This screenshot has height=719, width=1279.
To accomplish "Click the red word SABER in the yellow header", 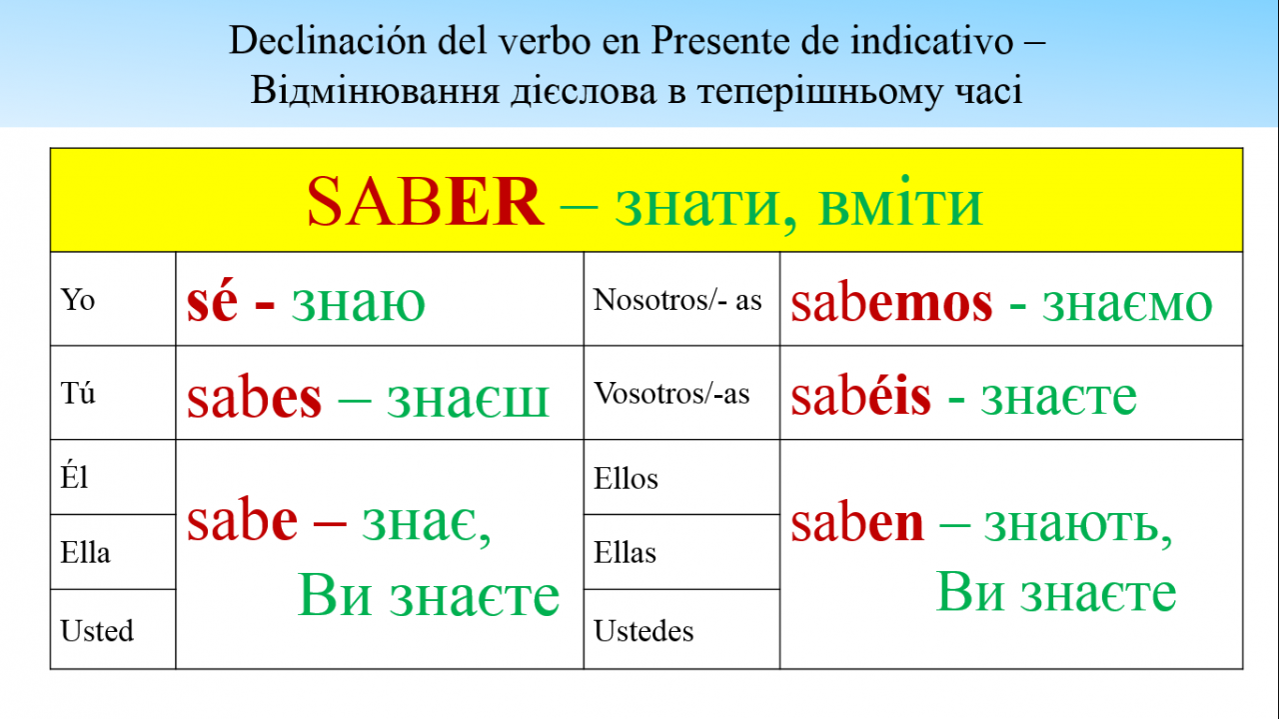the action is point(425,202).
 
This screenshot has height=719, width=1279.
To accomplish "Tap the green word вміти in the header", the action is point(900,202).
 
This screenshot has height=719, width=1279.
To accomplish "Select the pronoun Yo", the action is point(78,299).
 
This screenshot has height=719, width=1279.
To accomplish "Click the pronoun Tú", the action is point(78,393).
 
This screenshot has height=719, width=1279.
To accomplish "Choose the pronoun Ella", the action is point(85,552).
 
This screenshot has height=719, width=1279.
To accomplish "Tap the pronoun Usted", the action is point(97,630).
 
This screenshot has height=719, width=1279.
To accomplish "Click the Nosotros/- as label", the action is point(677,299).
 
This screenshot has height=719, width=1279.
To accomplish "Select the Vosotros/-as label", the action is point(671,393).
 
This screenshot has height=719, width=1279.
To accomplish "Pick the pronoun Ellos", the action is point(626,478).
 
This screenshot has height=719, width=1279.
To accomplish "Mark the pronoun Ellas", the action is point(625,552).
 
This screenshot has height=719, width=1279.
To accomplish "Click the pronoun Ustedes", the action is point(643,630).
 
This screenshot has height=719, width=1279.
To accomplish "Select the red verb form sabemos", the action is point(892,303).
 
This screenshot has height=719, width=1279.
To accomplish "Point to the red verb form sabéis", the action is point(861,396).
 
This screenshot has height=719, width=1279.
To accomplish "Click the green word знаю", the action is point(359,303).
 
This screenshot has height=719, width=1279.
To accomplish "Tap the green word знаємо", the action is point(1127,304).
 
